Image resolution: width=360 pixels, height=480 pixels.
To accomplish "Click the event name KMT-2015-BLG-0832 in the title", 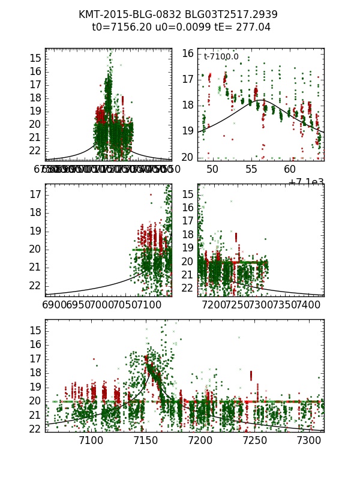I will click(127, 14).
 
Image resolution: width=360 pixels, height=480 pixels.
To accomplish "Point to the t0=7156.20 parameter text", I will click(119, 27).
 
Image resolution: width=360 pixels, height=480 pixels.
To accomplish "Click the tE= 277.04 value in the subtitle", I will click(236, 27).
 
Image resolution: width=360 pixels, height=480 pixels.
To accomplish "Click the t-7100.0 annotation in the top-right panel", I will click(221, 57).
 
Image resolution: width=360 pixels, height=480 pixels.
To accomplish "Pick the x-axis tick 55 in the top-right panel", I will click(251, 170).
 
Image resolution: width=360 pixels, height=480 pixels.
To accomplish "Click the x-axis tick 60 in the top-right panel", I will click(290, 170).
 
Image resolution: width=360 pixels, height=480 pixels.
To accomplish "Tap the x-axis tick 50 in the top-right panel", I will click(212, 170).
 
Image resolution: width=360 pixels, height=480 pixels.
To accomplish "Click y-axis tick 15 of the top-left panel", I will click(35, 58).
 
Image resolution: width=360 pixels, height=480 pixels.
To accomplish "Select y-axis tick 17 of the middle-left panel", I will click(35, 194).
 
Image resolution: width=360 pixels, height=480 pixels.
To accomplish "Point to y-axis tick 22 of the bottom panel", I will click(35, 429).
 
